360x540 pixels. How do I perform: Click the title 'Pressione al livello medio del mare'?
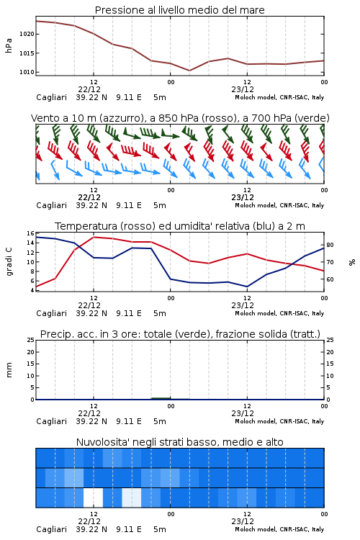179,10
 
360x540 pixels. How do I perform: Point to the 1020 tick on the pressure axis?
27,34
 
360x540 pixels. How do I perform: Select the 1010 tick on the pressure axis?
27,72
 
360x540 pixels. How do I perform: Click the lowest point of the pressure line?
189,71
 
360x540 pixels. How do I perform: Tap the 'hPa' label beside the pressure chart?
9,45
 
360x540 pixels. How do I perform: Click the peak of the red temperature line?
94,237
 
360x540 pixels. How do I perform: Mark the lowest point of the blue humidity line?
247,287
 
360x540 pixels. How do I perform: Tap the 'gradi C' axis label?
9,262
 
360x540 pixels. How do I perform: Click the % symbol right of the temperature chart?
352,262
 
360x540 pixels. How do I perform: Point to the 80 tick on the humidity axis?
330,245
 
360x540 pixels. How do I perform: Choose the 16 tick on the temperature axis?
30,233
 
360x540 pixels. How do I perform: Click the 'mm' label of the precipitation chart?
9,369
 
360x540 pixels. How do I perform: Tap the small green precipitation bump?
161,398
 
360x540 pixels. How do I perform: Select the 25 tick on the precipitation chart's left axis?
30,340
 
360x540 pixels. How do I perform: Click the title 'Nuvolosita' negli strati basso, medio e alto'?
179,442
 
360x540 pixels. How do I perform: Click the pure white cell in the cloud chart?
94,498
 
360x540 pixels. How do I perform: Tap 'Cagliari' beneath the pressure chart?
51,97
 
